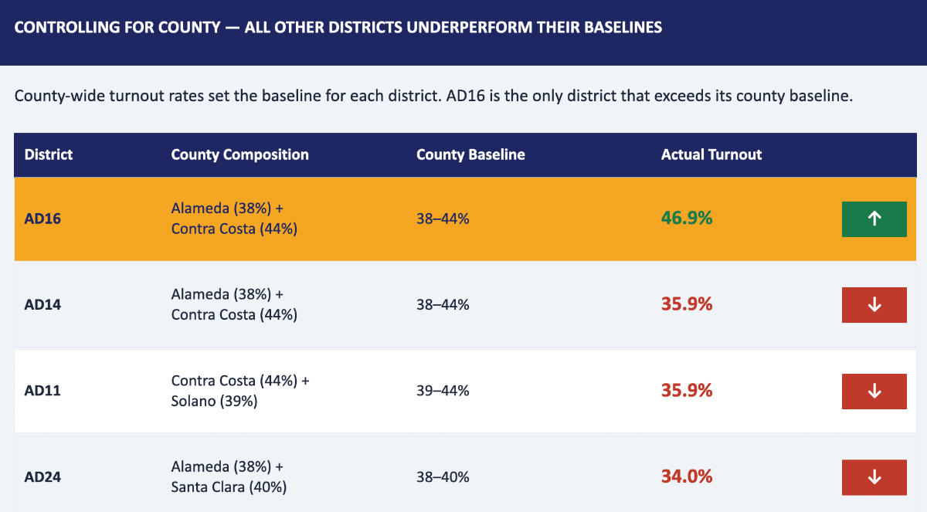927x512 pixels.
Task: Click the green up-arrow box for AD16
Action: (874, 219)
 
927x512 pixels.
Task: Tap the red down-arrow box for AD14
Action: (874, 305)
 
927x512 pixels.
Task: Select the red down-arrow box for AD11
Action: (874, 392)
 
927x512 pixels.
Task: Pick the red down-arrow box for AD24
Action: (874, 477)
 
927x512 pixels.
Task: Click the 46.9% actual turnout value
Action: (687, 218)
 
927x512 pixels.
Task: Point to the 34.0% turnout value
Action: (687, 476)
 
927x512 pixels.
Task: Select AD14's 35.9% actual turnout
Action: (687, 304)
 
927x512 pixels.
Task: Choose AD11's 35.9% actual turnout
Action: (687, 391)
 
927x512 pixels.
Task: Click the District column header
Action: (49, 154)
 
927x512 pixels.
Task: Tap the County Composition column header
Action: (240, 154)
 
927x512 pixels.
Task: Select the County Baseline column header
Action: (470, 154)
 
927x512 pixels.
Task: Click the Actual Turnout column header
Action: (711, 154)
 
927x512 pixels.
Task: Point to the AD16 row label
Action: (42, 219)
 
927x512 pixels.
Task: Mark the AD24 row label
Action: (42, 476)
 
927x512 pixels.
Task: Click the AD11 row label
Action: (42, 391)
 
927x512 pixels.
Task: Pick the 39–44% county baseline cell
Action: (443, 391)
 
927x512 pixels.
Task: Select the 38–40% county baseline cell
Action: (443, 476)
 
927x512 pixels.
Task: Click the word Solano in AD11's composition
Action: (192, 401)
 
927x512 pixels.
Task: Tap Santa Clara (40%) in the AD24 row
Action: (229, 487)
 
